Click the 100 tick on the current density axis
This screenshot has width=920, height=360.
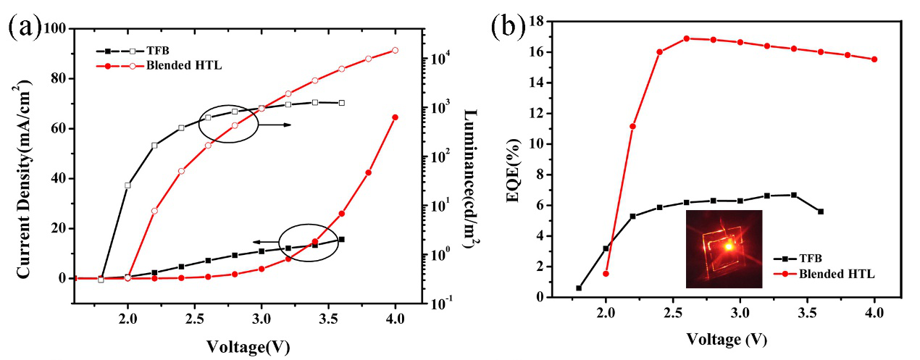[57, 29]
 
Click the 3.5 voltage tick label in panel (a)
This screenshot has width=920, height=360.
[328, 317]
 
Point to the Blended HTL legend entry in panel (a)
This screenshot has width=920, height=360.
[177, 65]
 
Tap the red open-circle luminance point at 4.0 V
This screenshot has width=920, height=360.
[395, 50]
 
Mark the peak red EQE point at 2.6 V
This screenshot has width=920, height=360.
[687, 38]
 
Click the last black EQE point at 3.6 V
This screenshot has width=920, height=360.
[820, 212]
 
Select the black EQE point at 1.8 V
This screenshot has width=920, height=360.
[579, 288]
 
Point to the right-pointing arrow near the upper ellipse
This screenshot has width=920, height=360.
[276, 125]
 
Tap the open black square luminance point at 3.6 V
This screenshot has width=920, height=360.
[341, 103]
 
